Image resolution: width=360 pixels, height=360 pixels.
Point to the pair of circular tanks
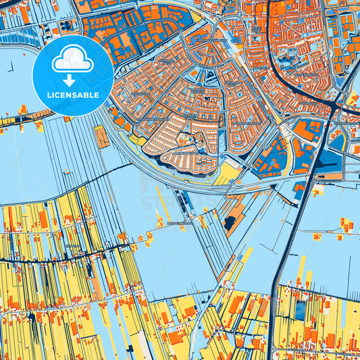pyautogui.click(x=66, y=26)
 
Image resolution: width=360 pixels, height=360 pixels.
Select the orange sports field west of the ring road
pyautogui.click(x=102, y=138)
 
